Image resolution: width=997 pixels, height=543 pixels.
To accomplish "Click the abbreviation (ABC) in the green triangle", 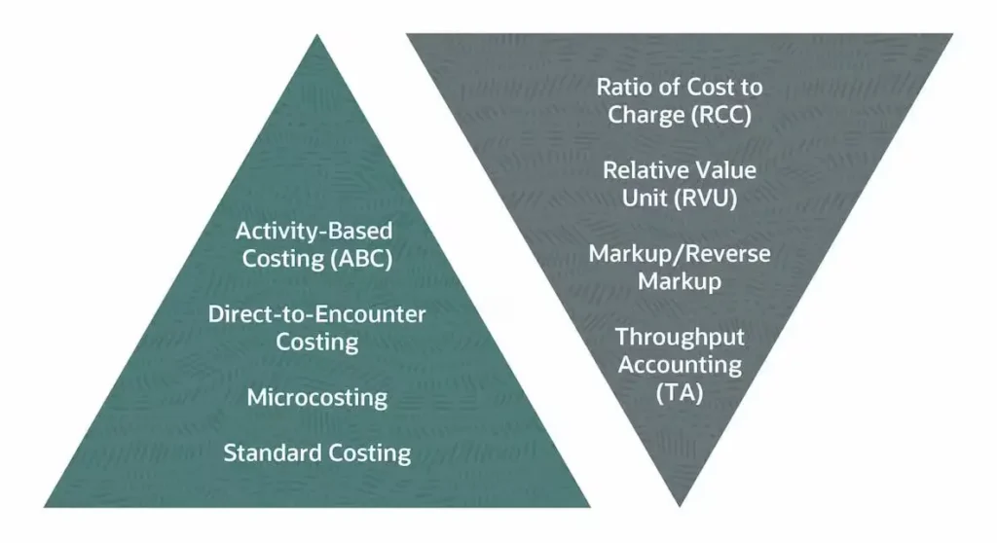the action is [x=361, y=259].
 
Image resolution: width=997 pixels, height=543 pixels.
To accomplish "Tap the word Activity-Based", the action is [x=314, y=231].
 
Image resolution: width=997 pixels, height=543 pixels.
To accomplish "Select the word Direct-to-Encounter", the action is [x=316, y=314].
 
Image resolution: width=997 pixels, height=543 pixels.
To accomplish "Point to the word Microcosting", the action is [x=317, y=397].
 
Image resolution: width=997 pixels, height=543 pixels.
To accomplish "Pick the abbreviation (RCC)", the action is [x=721, y=115].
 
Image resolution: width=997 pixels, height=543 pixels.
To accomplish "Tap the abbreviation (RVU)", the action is [x=707, y=199].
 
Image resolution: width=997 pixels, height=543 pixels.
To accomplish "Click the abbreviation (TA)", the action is [x=680, y=392].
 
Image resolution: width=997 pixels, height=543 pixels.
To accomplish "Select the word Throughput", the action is [x=680, y=337].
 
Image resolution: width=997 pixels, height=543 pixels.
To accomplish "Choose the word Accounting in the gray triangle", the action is [x=680, y=365].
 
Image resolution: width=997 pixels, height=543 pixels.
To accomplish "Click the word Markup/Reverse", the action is [x=680, y=254].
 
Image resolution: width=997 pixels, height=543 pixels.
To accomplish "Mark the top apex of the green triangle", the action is [x=316, y=35].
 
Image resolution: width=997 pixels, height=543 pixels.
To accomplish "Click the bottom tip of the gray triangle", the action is [x=679, y=506].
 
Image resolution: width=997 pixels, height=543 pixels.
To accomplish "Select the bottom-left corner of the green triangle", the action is [x=45, y=507].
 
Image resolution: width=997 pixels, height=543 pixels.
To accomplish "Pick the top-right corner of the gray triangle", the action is [x=952, y=34].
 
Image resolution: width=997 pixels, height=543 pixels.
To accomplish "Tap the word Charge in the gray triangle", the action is [x=646, y=115].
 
